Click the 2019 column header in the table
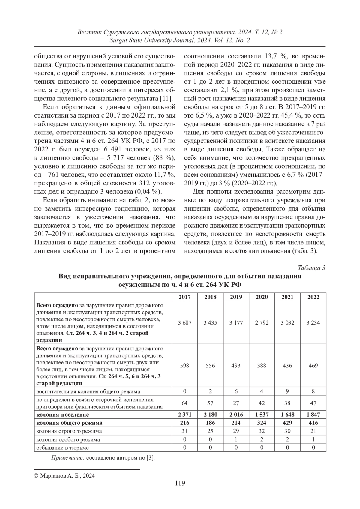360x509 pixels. [236, 297]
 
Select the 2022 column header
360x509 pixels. [313, 297]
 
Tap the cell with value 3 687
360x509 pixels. [184, 323]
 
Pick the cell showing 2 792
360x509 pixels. [262, 323]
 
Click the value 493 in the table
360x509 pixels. [236, 366]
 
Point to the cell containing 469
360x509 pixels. [313, 366]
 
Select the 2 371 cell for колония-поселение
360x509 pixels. [184, 415]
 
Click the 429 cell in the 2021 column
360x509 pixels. [287, 423]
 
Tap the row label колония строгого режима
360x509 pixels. [69, 431]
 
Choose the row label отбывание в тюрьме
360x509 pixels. [62, 448]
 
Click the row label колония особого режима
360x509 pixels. [68, 439]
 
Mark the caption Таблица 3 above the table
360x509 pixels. [312, 268]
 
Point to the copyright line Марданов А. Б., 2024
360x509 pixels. [64, 476]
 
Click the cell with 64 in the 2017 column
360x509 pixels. [184, 403]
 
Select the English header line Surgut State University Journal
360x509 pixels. [180, 40]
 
